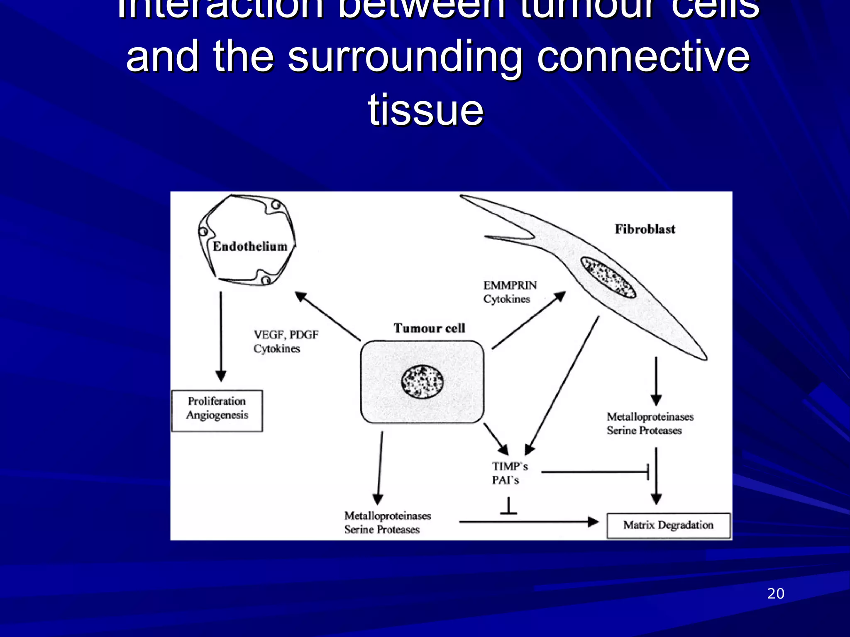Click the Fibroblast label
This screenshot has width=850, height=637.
click(645, 229)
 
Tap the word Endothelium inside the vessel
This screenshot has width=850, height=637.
click(250, 246)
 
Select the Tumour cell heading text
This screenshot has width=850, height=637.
click(429, 328)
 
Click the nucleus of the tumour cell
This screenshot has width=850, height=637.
click(422, 382)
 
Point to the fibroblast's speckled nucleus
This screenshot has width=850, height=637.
click(608, 277)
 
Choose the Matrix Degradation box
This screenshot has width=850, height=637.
click(668, 525)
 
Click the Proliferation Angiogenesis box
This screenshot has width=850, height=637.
click(217, 410)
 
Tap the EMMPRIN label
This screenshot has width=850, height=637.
click(510, 285)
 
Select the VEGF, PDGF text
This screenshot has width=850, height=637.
click(286, 335)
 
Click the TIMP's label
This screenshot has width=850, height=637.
click(510, 467)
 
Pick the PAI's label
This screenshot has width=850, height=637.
click(505, 480)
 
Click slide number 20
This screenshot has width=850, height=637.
click(775, 593)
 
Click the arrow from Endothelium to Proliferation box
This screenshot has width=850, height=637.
click(221, 336)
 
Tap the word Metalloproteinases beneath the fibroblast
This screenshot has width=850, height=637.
click(650, 416)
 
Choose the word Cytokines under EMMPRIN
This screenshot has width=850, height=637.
click(506, 299)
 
